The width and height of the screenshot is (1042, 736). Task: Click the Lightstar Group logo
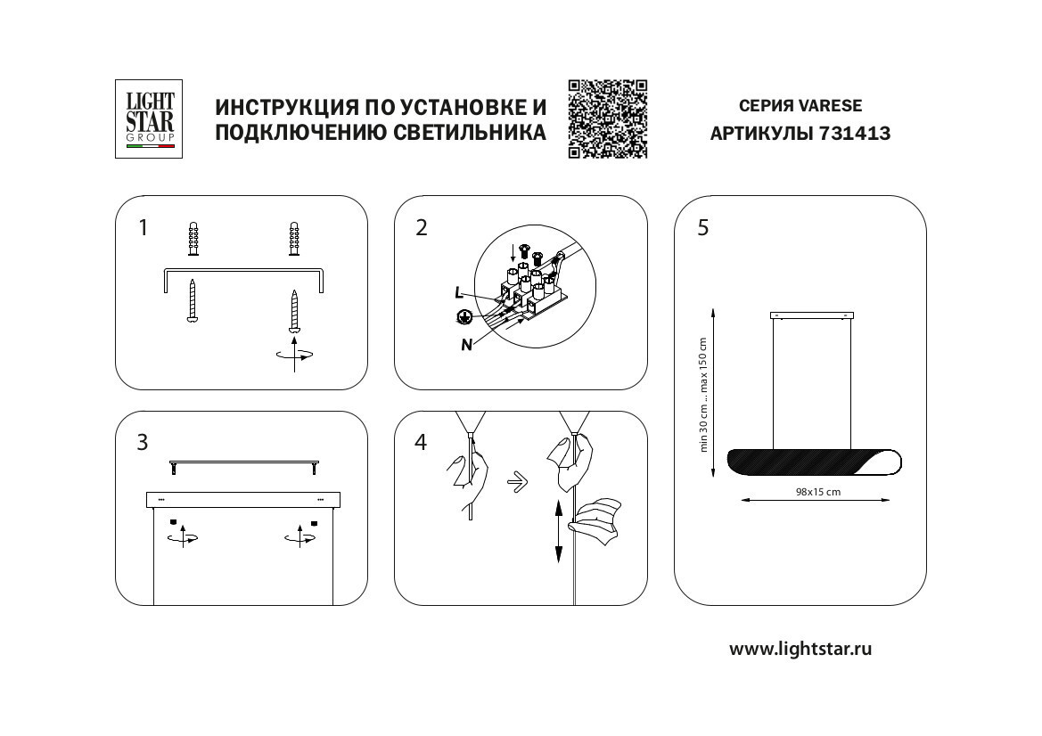tap(149, 119)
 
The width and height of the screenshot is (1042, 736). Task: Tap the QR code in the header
tap(607, 119)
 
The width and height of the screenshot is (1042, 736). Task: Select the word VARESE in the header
tap(831, 105)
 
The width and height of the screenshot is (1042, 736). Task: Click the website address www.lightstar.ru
tap(800, 649)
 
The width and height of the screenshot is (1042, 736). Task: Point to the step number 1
tap(143, 228)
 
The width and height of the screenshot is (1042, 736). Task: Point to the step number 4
tap(421, 443)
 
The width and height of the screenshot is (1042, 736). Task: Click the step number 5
tap(703, 228)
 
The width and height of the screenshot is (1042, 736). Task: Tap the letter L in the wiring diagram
tap(458, 291)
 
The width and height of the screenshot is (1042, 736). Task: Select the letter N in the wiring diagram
tap(466, 346)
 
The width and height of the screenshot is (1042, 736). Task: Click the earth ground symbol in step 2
tap(464, 316)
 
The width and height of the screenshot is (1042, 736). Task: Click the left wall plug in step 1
tap(193, 239)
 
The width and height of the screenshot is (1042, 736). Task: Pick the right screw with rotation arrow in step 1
tap(294, 312)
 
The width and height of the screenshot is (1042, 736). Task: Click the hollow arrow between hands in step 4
tap(514, 483)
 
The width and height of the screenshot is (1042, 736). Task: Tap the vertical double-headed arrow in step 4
tap(559, 531)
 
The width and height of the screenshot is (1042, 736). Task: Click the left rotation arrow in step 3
tap(183, 537)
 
